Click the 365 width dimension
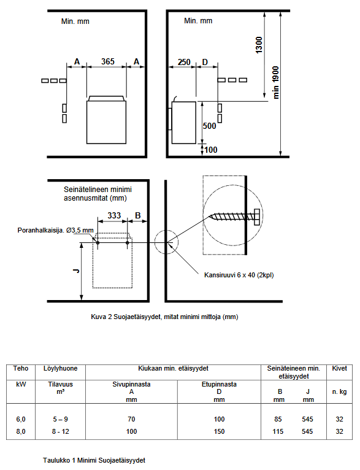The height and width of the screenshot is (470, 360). coord(108,61)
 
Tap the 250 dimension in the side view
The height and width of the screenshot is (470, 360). coord(184,62)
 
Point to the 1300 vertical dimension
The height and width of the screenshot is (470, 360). coord(259,45)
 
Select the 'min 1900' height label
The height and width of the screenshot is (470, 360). coord(276,82)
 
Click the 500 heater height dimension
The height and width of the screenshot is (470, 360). coord(209,126)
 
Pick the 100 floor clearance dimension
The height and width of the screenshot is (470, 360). coord(211,150)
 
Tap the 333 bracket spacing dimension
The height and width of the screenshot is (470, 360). coord(114,215)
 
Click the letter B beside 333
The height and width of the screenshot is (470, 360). coord(138,215)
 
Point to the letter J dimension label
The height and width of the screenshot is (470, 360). coord(76,271)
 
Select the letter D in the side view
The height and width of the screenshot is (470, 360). coord(205,62)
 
